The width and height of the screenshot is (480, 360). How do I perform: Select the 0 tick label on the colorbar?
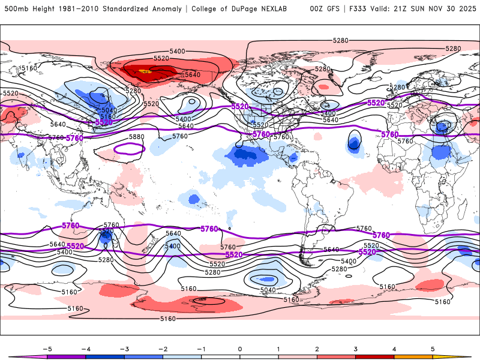pyautogui.click(x=240, y=349)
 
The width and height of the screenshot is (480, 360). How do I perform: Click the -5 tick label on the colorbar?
pyautogui.click(x=46, y=349)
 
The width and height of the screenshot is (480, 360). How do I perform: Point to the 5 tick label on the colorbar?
pyautogui.click(x=433, y=349)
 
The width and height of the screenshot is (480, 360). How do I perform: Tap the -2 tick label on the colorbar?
pyautogui.click(x=162, y=349)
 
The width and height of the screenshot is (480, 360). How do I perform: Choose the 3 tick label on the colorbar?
pyautogui.click(x=356, y=349)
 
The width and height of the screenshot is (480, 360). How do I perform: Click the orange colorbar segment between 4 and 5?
pyautogui.click(x=414, y=356)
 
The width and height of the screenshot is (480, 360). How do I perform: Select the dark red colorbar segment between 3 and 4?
pyautogui.click(x=375, y=356)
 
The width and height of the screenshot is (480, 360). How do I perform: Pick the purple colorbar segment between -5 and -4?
pyautogui.click(x=66, y=356)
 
